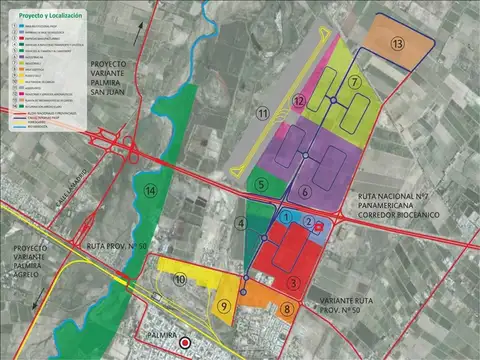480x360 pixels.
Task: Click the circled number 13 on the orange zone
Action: pos(397,43)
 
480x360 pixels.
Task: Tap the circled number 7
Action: pos(355,81)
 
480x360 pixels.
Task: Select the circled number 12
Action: pos(299,102)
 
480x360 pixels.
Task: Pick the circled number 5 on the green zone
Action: pos(260,183)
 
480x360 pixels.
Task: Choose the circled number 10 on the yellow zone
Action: pos(180,283)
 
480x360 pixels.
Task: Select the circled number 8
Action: pos(288,310)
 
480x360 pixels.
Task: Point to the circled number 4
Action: pos(241,222)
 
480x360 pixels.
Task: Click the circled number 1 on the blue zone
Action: pos(286,217)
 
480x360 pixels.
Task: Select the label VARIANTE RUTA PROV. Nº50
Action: pos(351,305)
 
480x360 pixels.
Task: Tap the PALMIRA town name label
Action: pos(165,334)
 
